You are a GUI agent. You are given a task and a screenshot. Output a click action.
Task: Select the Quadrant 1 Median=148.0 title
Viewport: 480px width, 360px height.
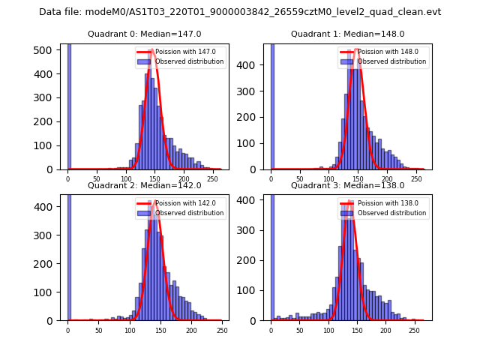(347, 34)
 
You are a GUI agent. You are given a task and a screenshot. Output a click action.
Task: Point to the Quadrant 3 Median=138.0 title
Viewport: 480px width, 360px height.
(347, 185)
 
